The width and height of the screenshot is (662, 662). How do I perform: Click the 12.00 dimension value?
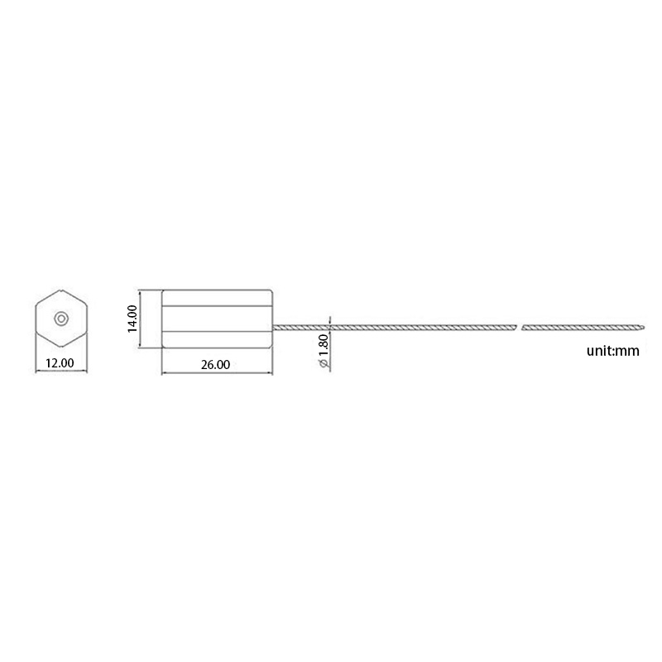(x=60, y=362)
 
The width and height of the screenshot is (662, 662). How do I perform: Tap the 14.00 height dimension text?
(x=132, y=319)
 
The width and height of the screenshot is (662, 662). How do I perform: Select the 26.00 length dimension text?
(x=217, y=365)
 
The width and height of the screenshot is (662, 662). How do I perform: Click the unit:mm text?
(x=613, y=351)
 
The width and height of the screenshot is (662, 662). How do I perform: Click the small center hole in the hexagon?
(x=61, y=318)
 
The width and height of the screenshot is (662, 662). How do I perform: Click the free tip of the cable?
(x=642, y=324)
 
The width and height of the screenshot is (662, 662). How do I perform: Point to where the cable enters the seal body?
(x=274, y=328)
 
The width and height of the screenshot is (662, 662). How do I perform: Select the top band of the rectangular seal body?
(x=217, y=296)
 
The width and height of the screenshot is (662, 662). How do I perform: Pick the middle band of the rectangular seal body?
(x=217, y=319)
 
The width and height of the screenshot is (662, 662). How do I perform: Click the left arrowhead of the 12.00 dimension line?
(x=38, y=372)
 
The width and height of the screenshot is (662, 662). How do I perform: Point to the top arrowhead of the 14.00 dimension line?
(x=140, y=291)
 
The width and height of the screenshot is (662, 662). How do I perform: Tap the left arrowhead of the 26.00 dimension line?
(x=163, y=373)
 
